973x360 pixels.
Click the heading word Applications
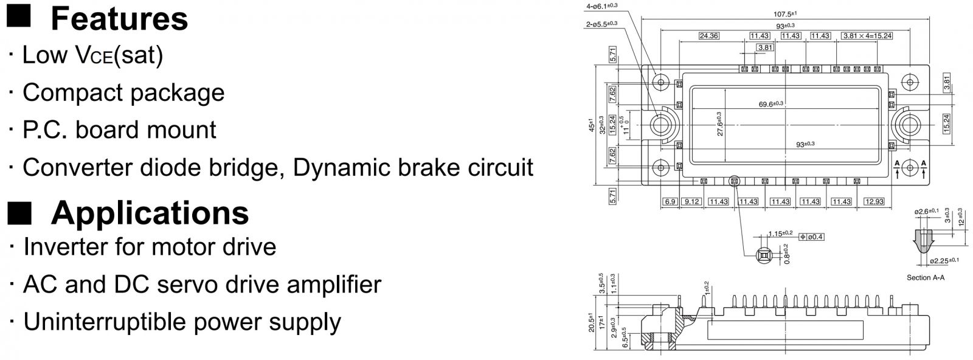click(150, 213)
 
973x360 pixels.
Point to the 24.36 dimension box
click(708, 36)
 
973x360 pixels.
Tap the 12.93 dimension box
click(873, 201)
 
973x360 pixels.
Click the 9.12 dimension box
click(691, 201)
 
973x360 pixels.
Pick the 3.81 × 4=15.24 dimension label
click(867, 36)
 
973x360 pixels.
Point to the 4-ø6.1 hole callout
click(602, 5)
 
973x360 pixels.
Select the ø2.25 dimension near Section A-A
click(944, 261)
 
